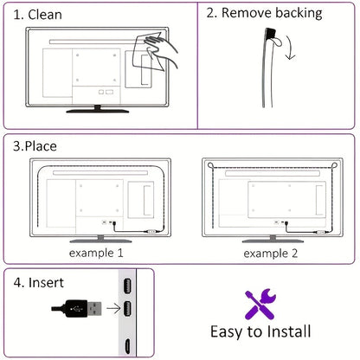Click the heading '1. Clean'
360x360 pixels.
point(38,15)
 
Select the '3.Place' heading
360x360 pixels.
point(35,146)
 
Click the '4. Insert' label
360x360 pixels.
point(39,282)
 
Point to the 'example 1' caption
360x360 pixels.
point(96,253)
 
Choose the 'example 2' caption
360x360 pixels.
point(270,254)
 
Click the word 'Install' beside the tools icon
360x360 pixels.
point(288,331)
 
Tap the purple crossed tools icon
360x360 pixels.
point(260,304)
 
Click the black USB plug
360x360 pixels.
point(77,309)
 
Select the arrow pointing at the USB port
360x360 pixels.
point(113,308)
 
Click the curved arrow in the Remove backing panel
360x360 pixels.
point(290,48)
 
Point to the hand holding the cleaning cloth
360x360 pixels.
point(162,48)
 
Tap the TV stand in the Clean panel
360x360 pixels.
point(98,109)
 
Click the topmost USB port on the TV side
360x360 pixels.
point(127,286)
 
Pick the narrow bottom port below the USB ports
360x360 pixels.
point(127,346)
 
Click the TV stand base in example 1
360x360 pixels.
point(100,240)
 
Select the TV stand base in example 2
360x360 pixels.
point(273,240)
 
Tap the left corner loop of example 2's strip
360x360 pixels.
point(211,165)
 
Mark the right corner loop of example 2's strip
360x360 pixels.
point(334,165)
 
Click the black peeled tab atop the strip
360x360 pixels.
point(271,34)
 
